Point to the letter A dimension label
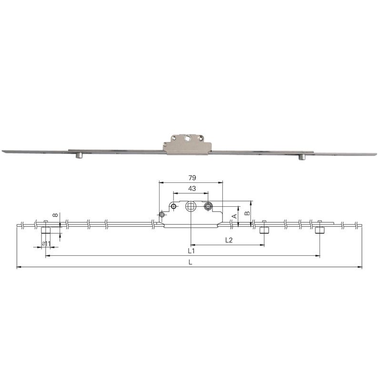point(234,216)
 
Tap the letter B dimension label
point(247,213)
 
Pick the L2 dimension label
point(228,240)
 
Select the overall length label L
point(190,262)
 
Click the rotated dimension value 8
point(56,215)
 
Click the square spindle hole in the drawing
point(190,206)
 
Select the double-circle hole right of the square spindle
point(208,206)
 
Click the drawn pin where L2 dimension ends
point(264,231)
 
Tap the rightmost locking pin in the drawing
point(320,231)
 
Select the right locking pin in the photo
point(302,158)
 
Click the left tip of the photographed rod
point(4,151)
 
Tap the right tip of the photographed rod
point(375,154)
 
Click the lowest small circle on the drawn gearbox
point(162,215)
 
